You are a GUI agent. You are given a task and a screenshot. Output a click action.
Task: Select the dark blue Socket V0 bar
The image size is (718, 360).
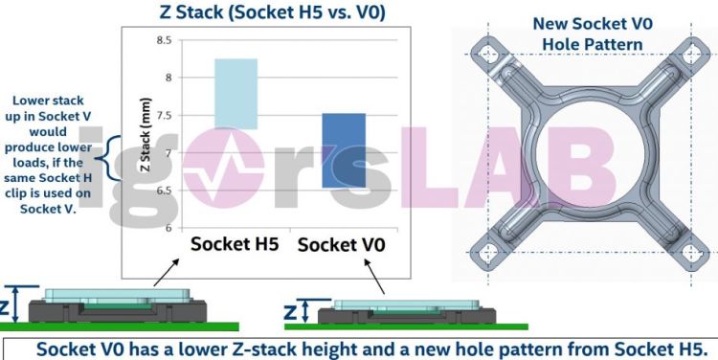(343, 149)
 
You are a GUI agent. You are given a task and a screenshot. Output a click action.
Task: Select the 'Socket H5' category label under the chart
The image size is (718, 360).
(235, 243)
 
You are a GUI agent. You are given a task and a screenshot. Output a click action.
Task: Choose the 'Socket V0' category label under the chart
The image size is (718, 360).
(341, 245)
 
